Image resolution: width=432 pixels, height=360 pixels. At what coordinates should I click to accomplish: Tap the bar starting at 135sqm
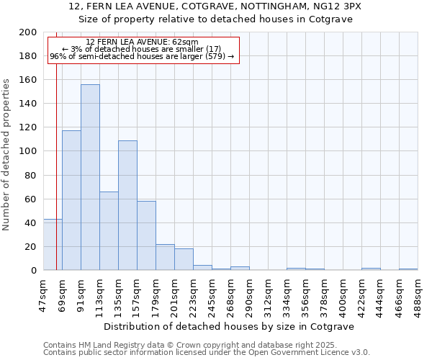[x=127, y=205]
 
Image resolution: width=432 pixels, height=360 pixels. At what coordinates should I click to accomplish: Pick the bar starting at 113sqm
[x=109, y=230]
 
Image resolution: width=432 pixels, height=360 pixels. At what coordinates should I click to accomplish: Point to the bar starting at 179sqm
[x=165, y=257]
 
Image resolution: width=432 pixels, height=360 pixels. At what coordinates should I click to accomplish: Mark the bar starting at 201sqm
[x=184, y=259]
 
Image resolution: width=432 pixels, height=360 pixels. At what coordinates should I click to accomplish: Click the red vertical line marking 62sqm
[x=56, y=144]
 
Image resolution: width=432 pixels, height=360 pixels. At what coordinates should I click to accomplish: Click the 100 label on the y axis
[x=28, y=151]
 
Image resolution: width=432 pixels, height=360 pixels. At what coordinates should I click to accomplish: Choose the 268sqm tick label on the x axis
[x=230, y=294]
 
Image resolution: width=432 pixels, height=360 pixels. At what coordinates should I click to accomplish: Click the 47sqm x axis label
[x=43, y=292]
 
